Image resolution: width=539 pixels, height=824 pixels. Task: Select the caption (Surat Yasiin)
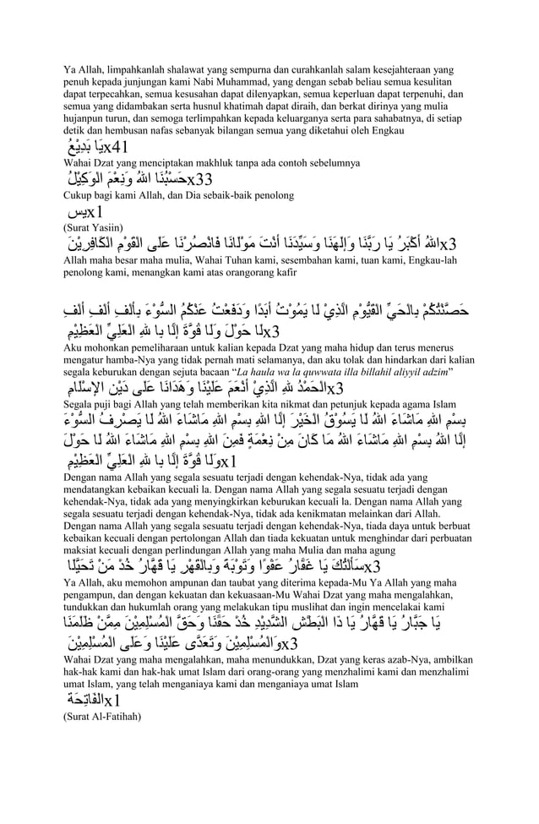(92, 227)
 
